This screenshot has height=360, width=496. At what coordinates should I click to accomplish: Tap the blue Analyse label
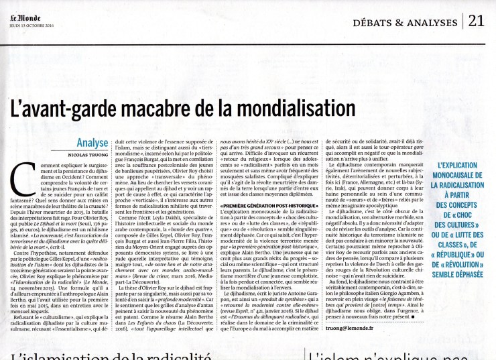(91, 142)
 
